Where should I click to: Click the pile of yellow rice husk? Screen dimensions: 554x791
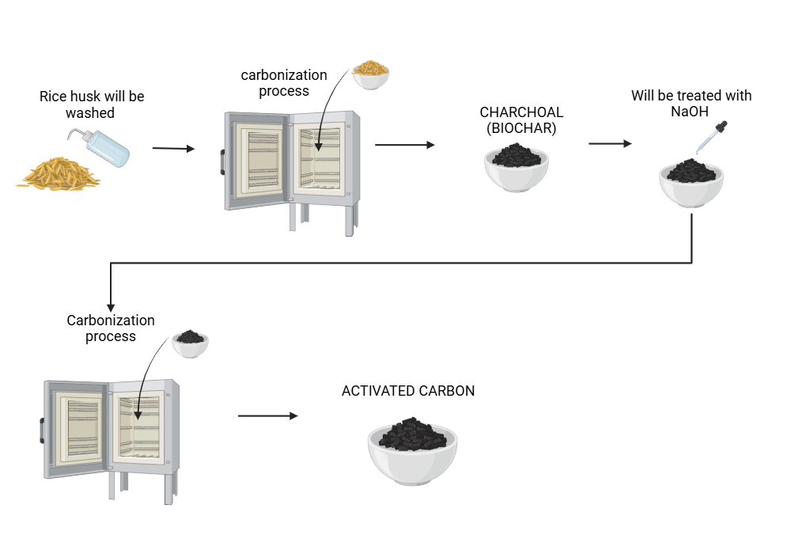(x=59, y=173)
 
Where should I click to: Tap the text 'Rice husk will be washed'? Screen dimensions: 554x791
(x=92, y=104)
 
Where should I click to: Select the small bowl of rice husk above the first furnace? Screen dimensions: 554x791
(x=370, y=74)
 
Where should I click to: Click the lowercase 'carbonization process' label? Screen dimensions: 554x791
(x=284, y=83)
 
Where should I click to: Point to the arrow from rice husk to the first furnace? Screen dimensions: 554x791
(x=172, y=148)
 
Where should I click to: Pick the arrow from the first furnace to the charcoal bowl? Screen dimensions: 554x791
(x=404, y=145)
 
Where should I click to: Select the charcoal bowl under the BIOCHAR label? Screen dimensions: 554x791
(x=517, y=167)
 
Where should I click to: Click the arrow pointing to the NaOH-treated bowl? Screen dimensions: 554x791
(x=610, y=144)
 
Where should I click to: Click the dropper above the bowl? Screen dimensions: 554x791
(x=712, y=137)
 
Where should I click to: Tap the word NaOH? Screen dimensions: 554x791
(x=691, y=112)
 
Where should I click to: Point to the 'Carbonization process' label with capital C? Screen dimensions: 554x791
(x=111, y=328)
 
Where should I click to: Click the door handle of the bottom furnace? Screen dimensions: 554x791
(x=41, y=431)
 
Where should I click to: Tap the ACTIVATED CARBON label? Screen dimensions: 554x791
(x=408, y=391)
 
